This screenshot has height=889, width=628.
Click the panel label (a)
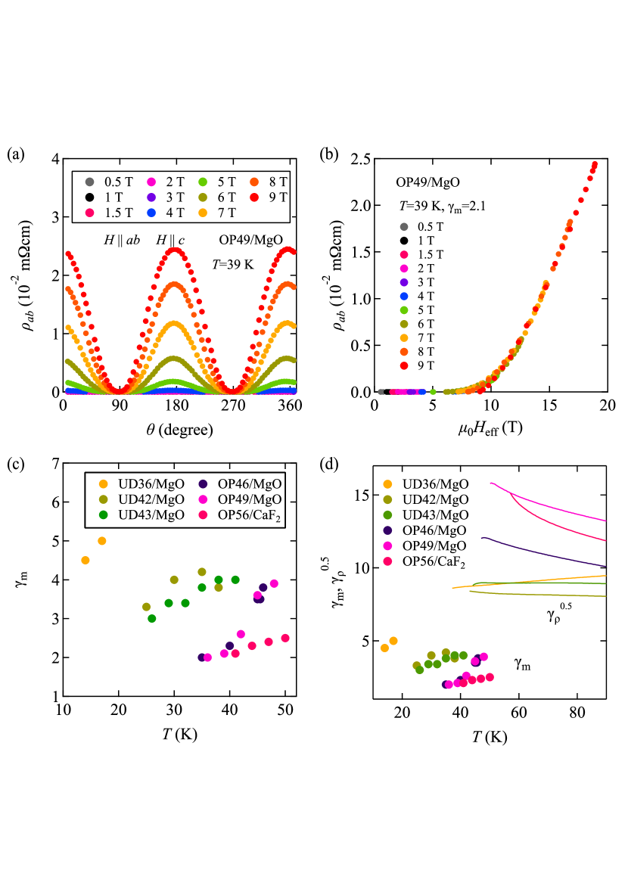16,154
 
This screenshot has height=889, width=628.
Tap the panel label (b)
329,154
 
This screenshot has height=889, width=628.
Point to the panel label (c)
16,464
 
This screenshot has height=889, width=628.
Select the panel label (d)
329,464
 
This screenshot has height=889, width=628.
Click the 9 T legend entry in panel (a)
270,197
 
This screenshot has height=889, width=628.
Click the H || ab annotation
122,240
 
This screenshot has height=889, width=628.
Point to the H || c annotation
171,240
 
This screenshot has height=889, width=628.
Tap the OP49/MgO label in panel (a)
250,240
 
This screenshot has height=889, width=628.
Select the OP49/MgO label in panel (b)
428,182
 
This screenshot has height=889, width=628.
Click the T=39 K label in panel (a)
235,264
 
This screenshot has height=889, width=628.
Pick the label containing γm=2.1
444,206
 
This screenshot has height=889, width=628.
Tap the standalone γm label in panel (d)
522,663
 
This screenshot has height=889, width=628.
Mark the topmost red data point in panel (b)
595,164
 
